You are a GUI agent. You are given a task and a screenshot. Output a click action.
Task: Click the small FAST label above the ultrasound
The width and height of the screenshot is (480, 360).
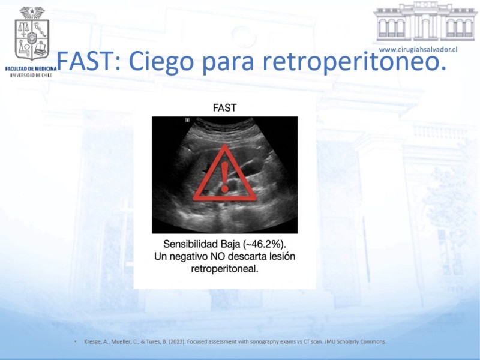pos(224,108)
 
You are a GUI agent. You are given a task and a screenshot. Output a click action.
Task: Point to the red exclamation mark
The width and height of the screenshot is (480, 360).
pos(224,177)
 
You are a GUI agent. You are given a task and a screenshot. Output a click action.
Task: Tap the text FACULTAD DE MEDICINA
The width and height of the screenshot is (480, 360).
pos(31,69)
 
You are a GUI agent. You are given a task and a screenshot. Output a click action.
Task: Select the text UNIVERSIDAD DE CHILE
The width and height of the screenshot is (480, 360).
pos(31,75)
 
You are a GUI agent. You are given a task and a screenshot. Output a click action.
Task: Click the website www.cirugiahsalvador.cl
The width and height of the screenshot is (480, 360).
pos(418,50)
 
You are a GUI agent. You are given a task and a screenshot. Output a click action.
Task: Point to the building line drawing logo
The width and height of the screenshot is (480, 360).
pos(425,22)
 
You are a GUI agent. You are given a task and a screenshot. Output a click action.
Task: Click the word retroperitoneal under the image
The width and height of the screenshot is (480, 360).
pos(224,269)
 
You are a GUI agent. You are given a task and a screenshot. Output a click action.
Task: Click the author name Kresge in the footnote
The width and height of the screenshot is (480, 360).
pos(92,341)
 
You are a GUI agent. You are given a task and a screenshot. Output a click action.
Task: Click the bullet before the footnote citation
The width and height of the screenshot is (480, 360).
pos(76,341)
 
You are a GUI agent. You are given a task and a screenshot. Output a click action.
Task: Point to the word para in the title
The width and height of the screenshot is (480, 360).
pos(228,64)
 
